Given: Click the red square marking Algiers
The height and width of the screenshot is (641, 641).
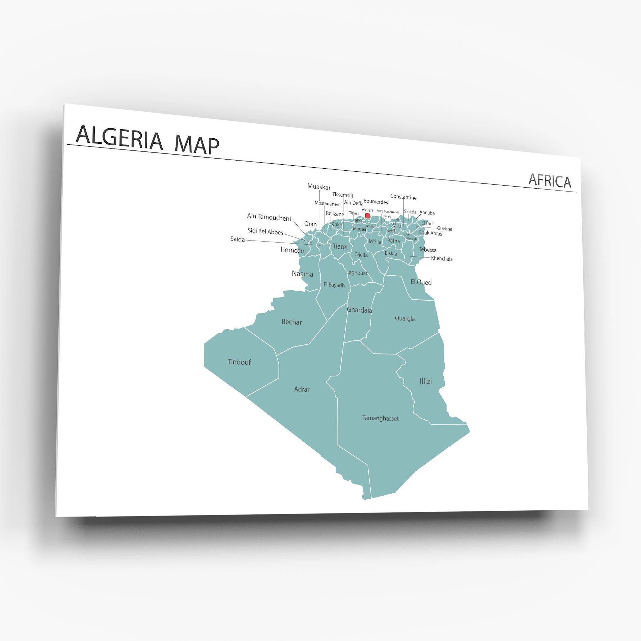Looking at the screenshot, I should [367, 215].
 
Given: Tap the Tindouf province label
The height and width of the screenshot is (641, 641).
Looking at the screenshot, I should [239, 362].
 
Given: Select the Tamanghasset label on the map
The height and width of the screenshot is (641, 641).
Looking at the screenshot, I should [380, 418].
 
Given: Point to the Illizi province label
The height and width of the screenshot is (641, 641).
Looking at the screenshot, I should [425, 381].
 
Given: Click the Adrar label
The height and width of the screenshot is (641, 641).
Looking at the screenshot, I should [302, 389].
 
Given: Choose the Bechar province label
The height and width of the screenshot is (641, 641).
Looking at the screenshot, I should [291, 322].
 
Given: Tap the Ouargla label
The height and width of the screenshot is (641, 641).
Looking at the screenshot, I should [405, 318].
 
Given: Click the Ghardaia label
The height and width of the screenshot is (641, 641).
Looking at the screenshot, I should [359, 310].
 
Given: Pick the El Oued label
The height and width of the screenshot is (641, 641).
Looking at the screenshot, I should [421, 282].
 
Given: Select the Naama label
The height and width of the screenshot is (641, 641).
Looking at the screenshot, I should [302, 274].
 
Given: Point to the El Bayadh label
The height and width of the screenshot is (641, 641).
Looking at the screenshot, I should [334, 285].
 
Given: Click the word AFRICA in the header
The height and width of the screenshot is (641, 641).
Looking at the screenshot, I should [550, 181].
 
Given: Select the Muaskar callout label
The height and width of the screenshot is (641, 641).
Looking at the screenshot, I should [319, 187].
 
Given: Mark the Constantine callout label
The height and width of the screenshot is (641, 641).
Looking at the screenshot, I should [403, 197].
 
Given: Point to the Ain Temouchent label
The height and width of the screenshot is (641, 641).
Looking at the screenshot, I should [269, 218].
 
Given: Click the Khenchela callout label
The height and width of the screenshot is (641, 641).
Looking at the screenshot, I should [442, 259].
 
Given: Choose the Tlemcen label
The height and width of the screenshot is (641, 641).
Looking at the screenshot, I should [292, 250].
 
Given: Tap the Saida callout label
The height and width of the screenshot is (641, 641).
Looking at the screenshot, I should [238, 239].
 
